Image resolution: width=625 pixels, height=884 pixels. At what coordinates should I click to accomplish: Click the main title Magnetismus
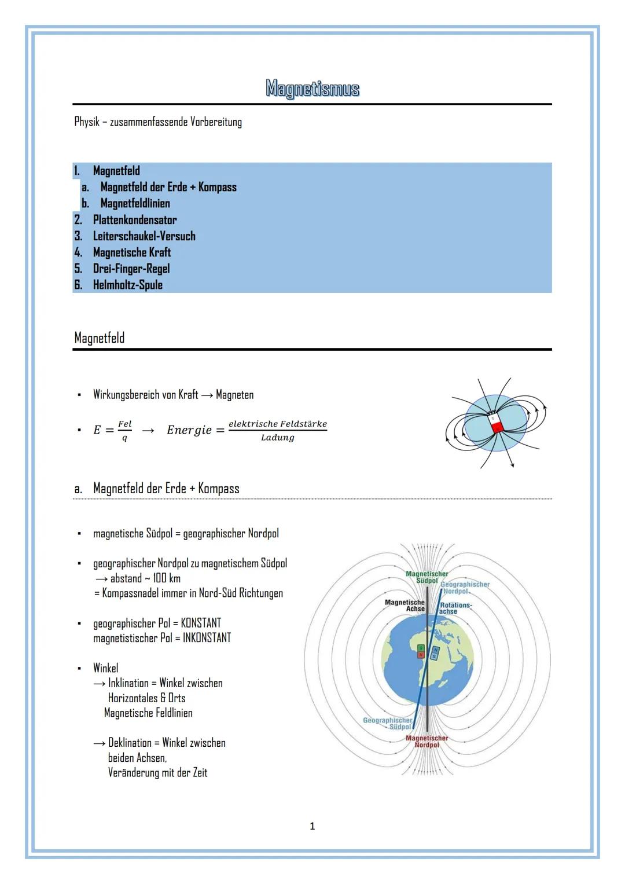pos(312,89)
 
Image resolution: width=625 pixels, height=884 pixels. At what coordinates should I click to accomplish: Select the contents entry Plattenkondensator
pos(134,220)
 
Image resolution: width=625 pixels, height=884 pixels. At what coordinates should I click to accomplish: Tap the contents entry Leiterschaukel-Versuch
pos(144,236)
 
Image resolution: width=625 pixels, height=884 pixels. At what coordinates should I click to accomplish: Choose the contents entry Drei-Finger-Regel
pos(131,269)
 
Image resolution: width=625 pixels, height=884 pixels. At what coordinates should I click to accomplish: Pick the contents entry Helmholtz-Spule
pos(127,285)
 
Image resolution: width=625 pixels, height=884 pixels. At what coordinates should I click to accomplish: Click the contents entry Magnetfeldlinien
pos(135,204)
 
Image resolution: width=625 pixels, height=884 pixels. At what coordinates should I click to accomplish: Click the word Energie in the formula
pos(189,430)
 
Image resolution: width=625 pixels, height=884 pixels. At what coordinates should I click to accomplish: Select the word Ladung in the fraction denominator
pos(277,438)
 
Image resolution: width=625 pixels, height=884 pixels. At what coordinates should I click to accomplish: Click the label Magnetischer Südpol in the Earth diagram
pos(427,577)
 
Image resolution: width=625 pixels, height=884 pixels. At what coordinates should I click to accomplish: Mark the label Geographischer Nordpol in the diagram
pos(465,588)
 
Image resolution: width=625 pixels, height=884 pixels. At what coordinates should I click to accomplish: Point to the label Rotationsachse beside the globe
pos(455,608)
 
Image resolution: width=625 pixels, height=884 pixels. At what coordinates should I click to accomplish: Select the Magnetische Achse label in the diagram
pos(405,606)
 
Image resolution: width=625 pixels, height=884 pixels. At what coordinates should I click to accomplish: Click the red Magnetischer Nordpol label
pos(427,742)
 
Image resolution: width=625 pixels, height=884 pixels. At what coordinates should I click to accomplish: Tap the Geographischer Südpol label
pos(388,723)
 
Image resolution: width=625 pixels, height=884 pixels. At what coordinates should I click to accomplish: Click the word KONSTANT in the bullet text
pos(201,623)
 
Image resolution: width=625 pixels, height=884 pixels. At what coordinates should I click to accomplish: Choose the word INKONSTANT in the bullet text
pos(207,638)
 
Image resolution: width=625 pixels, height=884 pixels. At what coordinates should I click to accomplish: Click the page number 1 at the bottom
pos(312,826)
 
